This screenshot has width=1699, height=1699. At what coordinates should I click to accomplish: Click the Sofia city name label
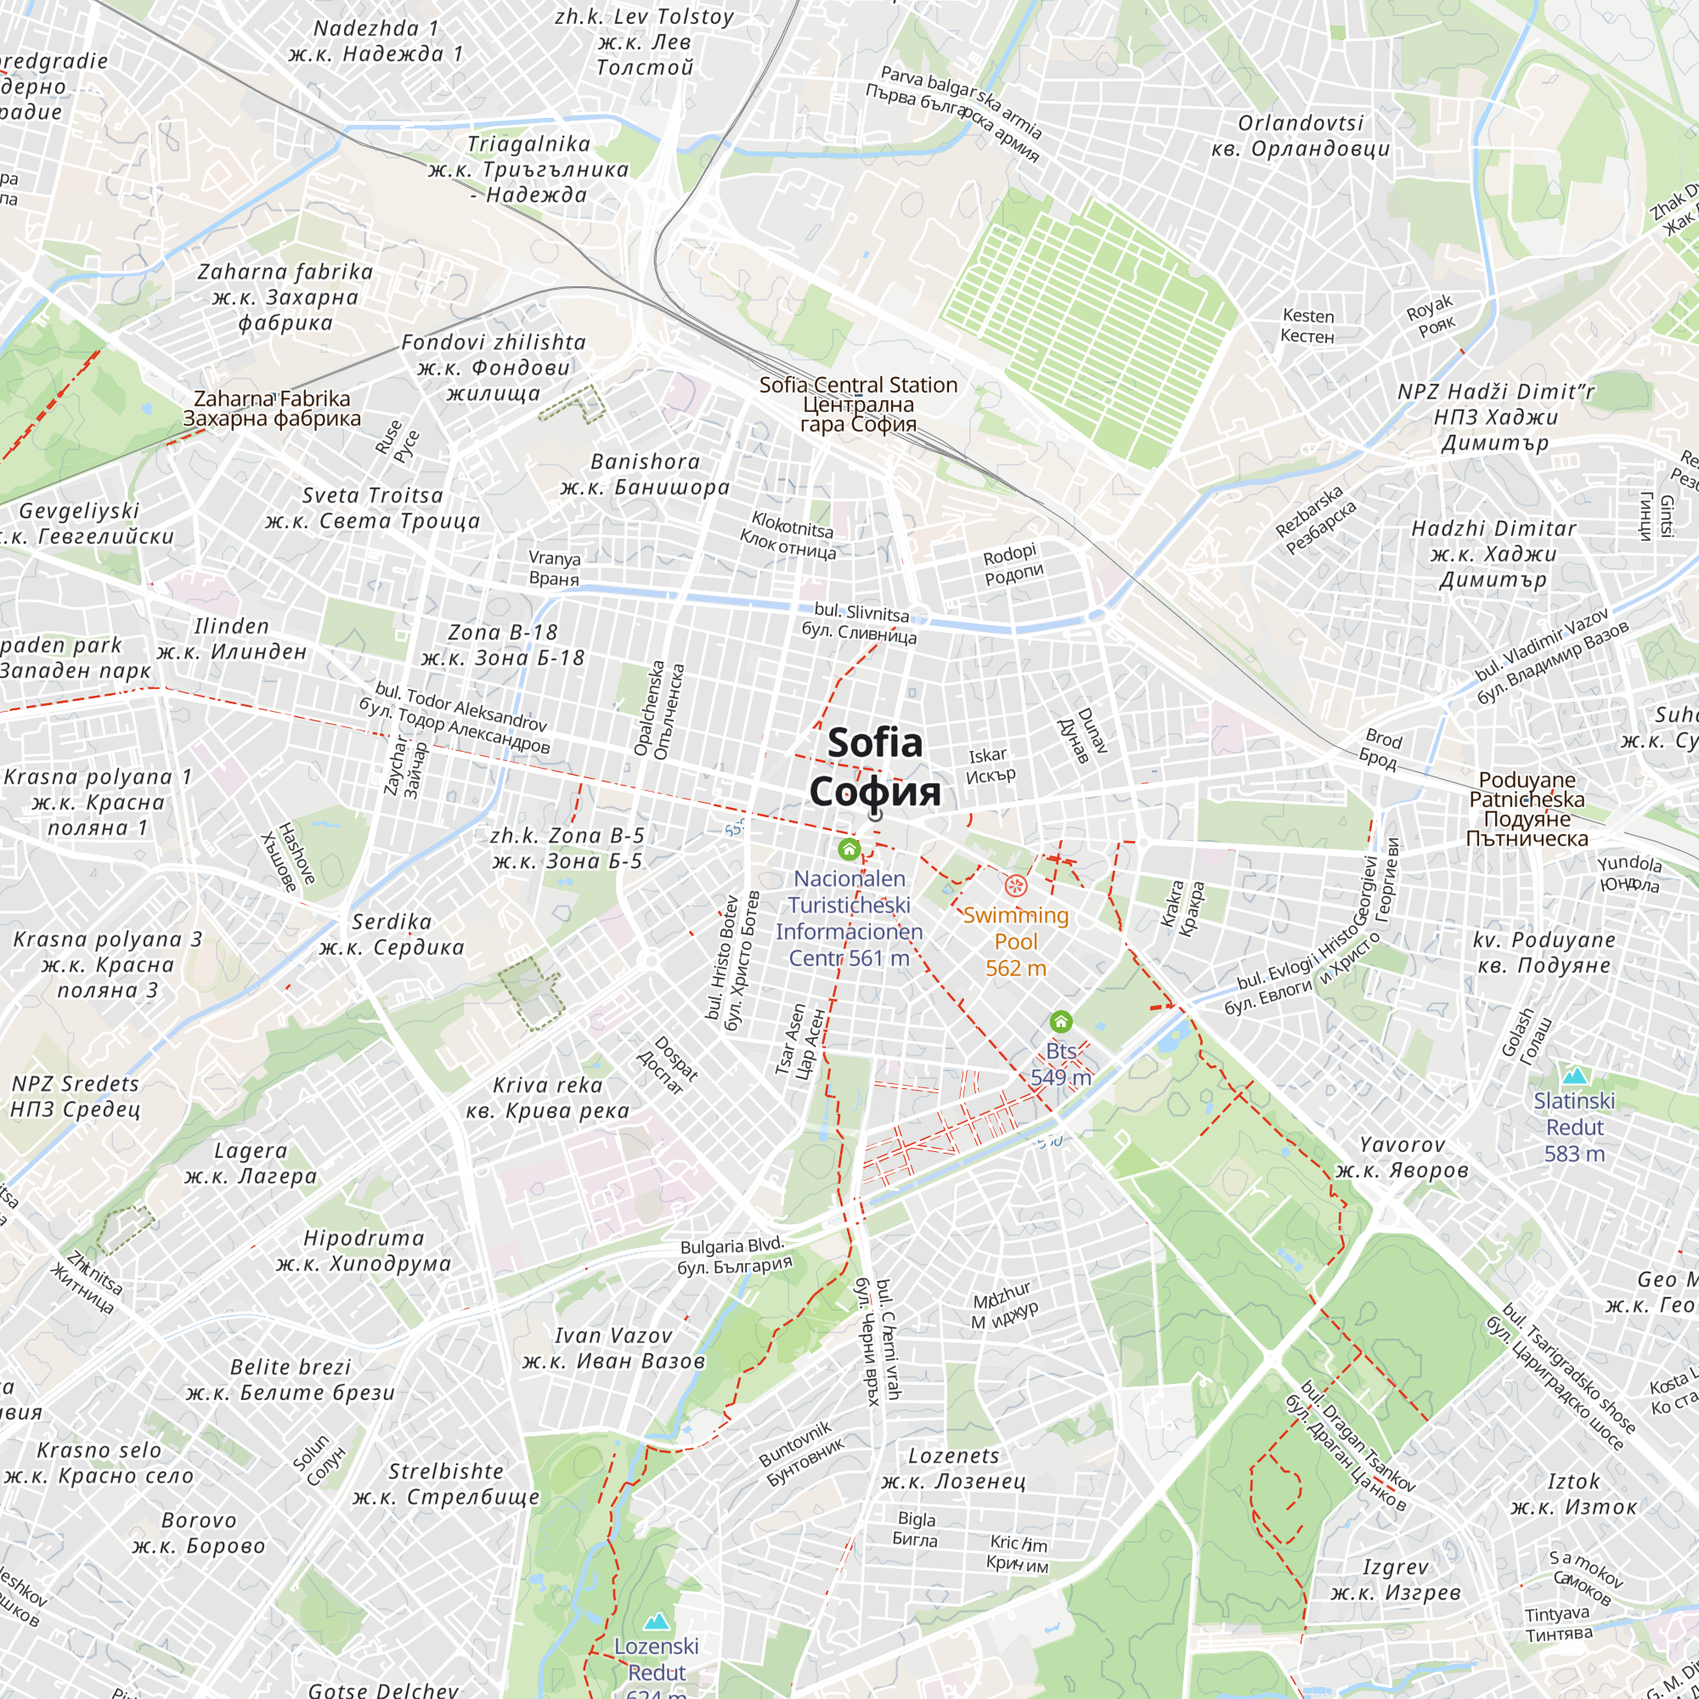875,767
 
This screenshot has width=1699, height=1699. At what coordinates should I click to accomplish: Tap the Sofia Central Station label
858,404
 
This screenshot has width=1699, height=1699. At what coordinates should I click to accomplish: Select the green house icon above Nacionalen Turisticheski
849,849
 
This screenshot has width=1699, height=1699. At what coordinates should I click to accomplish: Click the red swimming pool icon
1016,885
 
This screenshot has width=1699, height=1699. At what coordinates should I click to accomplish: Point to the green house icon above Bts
1060,1021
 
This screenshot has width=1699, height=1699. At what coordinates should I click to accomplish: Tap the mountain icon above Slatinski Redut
1574,1075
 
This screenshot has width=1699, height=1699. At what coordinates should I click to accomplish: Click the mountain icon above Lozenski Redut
656,1621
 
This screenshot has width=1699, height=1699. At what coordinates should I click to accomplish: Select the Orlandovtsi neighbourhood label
1301,135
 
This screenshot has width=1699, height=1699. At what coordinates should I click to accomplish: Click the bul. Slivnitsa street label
860,623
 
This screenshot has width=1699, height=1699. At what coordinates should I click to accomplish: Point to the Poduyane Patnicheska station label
1527,809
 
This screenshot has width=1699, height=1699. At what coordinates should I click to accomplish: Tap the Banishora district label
646,474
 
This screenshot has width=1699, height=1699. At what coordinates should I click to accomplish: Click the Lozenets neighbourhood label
953,1469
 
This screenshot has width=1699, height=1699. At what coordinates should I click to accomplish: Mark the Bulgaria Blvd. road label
734,1256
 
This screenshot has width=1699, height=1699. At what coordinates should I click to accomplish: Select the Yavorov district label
1402,1157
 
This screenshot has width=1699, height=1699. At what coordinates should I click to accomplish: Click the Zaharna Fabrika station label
272,408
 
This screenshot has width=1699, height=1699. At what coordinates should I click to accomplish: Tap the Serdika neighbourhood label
392,934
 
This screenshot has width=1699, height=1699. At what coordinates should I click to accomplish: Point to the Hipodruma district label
364,1250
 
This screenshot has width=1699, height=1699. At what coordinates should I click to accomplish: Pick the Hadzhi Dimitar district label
1493,553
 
